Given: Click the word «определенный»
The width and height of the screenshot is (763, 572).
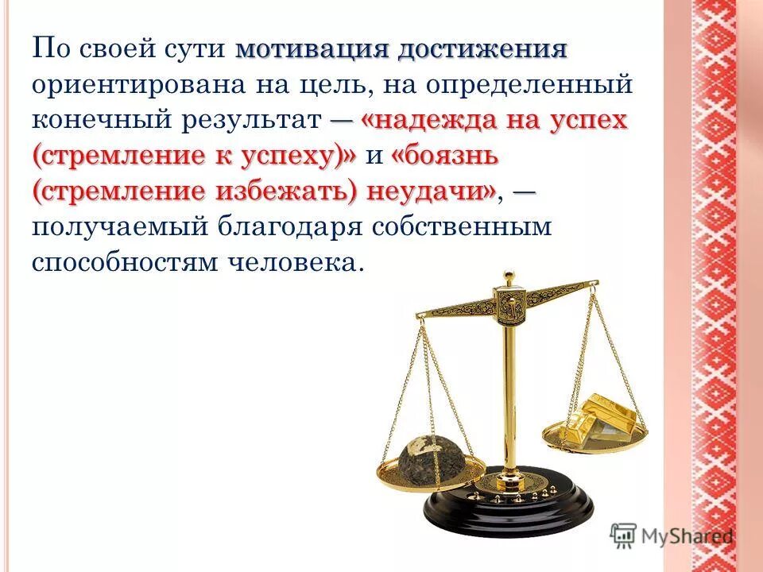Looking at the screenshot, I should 540,85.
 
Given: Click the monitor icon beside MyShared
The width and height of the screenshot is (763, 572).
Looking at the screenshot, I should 625,535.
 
